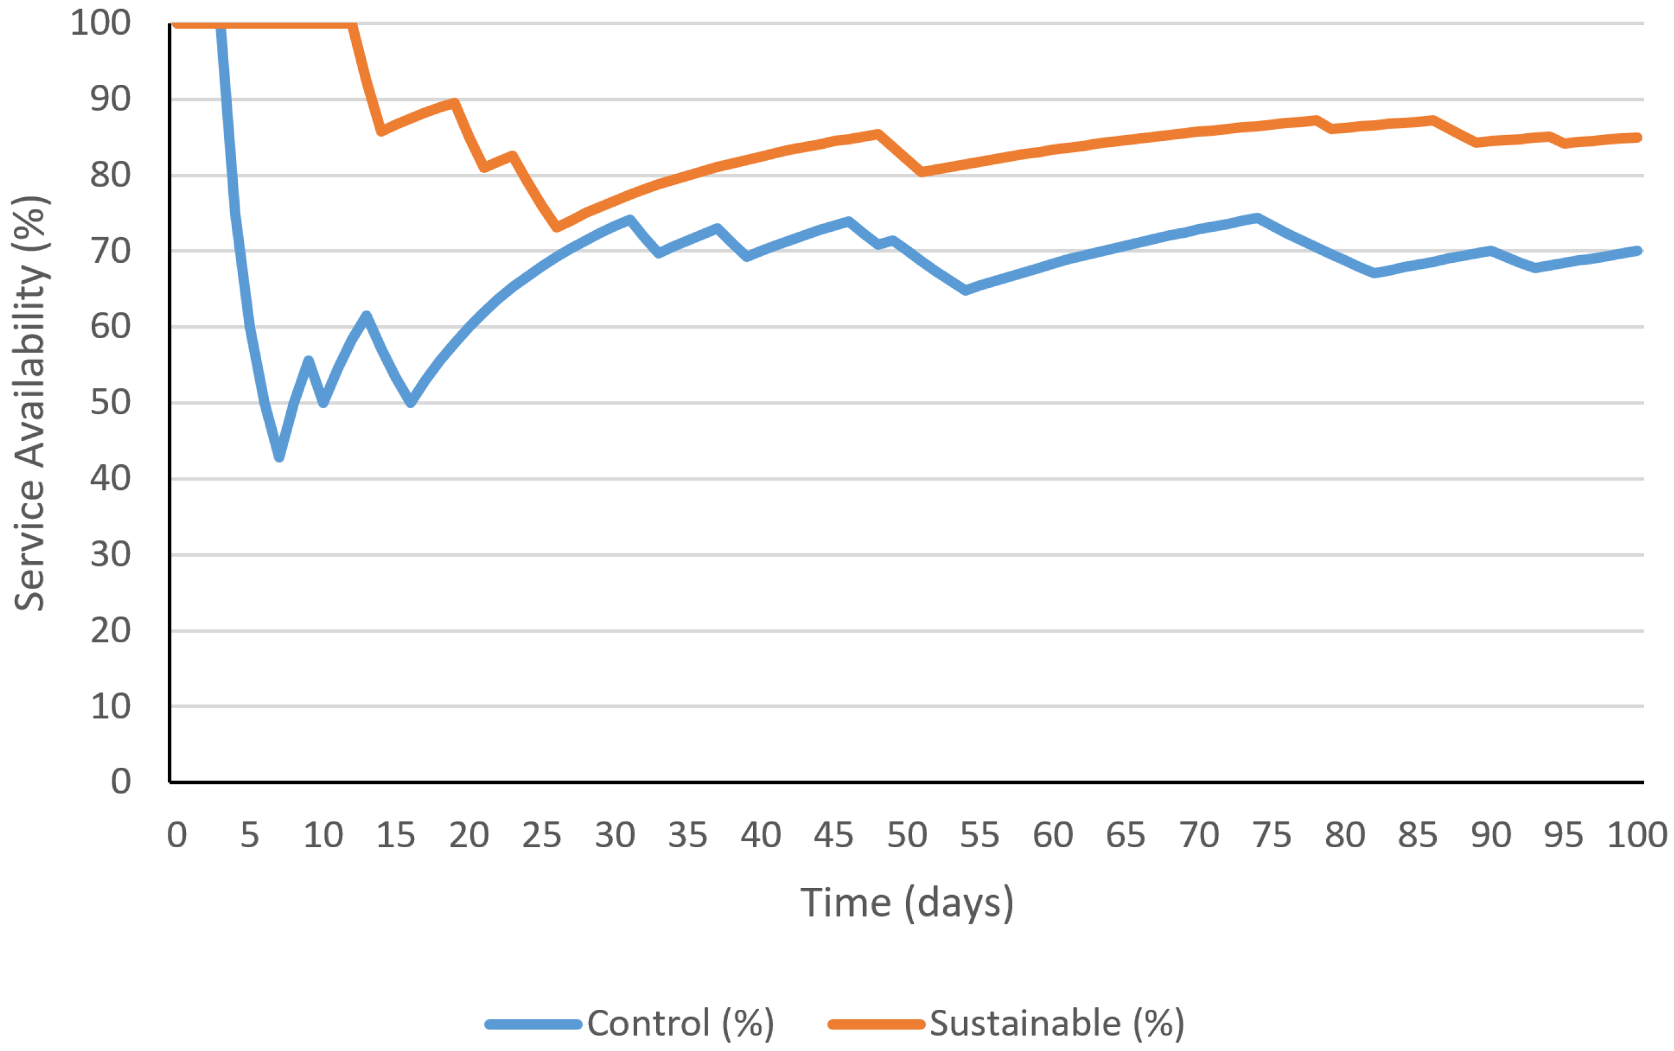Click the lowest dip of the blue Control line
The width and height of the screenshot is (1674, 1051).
(279, 456)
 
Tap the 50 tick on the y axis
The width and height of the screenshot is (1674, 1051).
(111, 403)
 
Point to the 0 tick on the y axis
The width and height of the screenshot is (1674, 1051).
(120, 782)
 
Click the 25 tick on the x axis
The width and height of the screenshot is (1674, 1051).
(541, 835)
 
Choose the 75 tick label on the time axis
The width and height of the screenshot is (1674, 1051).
(1272, 835)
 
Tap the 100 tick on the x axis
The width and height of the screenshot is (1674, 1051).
(1636, 835)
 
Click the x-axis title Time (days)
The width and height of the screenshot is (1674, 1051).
(907, 903)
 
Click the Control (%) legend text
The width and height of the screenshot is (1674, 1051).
(681, 1023)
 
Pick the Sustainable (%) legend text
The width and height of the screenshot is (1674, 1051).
(1057, 1023)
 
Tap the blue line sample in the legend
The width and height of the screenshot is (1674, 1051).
(533, 1024)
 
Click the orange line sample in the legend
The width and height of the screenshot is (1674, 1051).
(876, 1024)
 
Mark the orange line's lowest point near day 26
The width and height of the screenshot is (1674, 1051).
(557, 226)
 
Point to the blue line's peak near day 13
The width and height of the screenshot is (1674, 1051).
(366, 315)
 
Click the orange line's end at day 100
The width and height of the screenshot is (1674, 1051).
(1638, 137)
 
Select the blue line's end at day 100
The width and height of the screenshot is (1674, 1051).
(1638, 251)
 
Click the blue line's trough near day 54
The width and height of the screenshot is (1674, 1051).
(966, 290)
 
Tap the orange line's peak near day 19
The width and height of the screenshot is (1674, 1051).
(455, 103)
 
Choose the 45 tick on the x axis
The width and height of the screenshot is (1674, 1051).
(834, 835)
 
